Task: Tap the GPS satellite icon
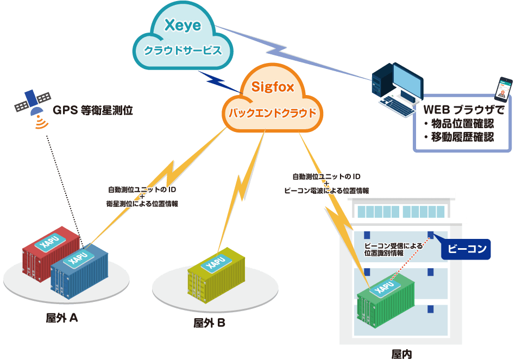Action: [x=33, y=104]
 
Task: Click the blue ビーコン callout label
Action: [x=465, y=249]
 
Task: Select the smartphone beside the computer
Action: [x=505, y=90]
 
